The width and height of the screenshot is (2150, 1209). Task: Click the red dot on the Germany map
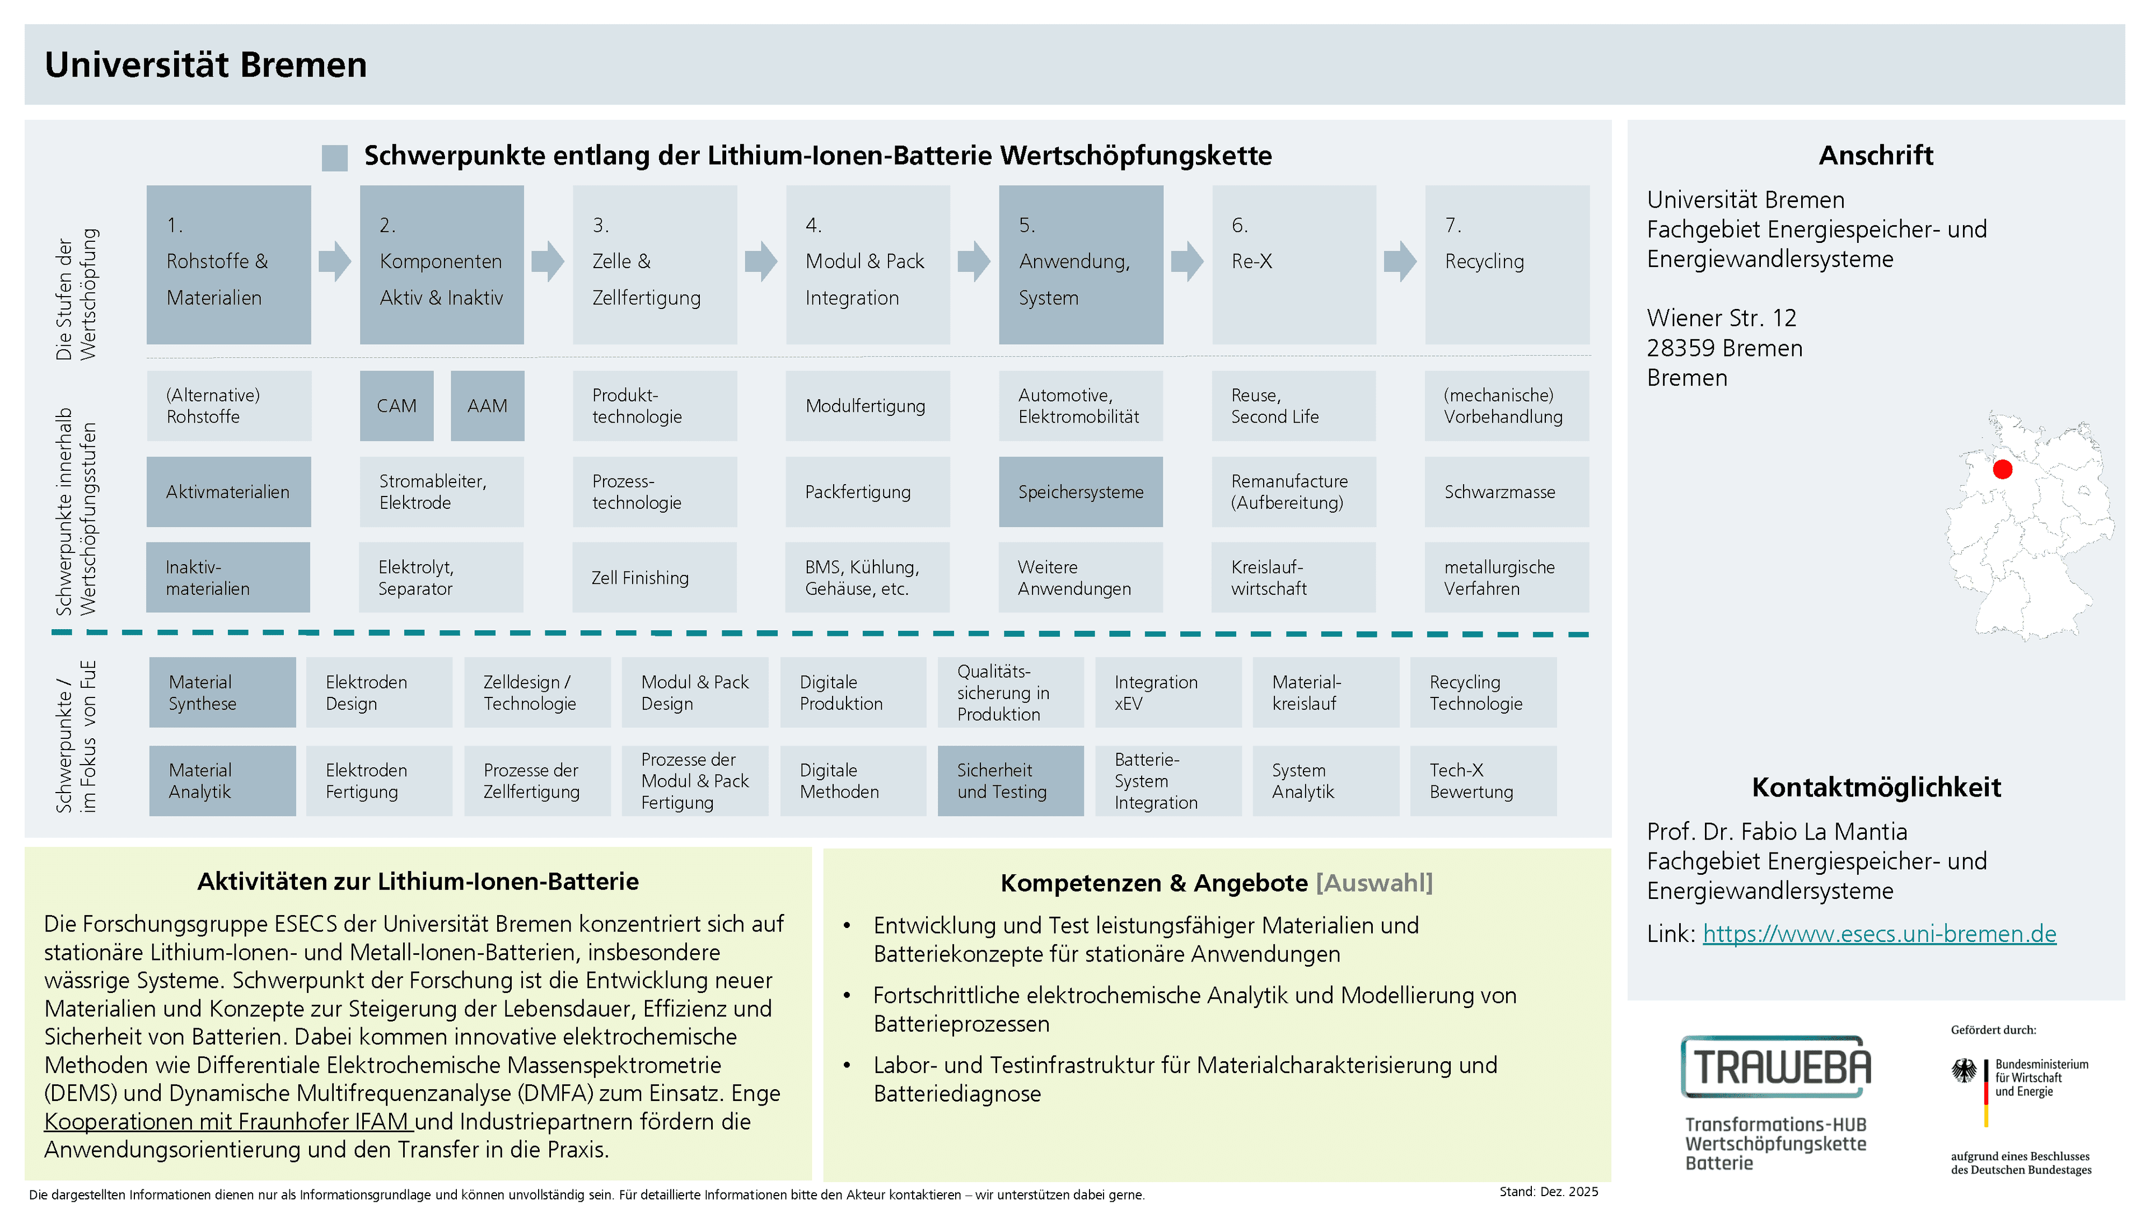[x=2002, y=470]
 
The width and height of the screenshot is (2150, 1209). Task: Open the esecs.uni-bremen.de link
[x=1879, y=934]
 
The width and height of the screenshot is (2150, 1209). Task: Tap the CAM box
[x=396, y=405]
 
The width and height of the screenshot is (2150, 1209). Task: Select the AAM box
[x=488, y=405]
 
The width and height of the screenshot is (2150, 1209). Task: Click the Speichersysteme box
[x=1081, y=491]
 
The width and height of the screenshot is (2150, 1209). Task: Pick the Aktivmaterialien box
[x=228, y=491]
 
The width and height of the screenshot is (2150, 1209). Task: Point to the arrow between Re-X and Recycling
[x=1400, y=261]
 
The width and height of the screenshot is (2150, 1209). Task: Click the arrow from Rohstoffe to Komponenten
[x=335, y=261]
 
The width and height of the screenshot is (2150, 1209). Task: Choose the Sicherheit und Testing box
[x=1011, y=781]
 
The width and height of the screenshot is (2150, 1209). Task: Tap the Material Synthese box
[x=222, y=692]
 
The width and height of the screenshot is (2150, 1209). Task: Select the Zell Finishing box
[x=655, y=578]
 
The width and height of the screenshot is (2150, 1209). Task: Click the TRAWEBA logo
[x=1776, y=1066]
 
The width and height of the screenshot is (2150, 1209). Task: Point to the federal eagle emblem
[x=1964, y=1071]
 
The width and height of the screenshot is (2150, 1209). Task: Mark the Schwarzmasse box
[x=1507, y=491]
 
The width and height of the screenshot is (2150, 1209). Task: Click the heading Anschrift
[x=1876, y=155]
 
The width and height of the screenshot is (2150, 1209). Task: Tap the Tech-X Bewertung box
[x=1483, y=781]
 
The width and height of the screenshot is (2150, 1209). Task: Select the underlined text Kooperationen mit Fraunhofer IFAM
[x=228, y=1121]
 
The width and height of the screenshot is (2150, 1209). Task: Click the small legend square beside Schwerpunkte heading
[x=335, y=158]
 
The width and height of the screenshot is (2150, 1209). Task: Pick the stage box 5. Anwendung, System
[x=1081, y=265]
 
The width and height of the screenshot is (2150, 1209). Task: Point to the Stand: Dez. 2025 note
[x=1548, y=1192]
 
